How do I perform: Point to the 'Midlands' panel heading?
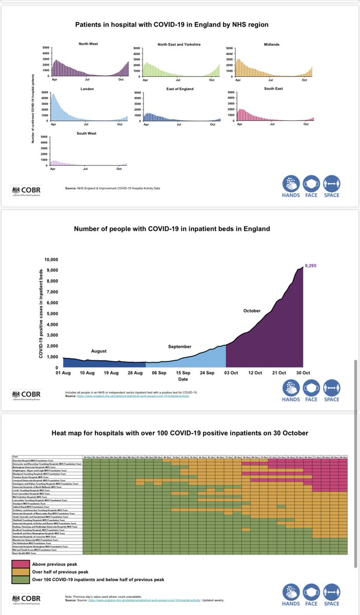point(271,45)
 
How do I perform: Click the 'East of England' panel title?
point(178,89)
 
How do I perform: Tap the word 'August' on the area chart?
point(99,351)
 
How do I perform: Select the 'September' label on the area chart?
point(179,347)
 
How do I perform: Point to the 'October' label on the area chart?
point(252,311)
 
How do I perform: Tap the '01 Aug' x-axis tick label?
point(63,372)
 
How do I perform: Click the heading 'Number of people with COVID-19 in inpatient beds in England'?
point(179,229)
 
